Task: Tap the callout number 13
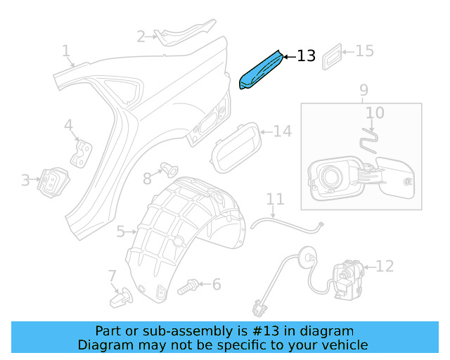(307, 56)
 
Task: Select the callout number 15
(364, 51)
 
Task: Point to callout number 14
(281, 131)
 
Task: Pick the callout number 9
(364, 90)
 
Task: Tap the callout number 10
(375, 112)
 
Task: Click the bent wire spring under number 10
(369, 136)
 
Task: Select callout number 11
(274, 200)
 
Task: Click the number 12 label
(385, 266)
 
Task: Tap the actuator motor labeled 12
(347, 277)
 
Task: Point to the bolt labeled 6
(187, 286)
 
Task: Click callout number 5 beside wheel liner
(121, 231)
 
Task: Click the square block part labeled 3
(51, 182)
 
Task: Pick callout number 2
(141, 37)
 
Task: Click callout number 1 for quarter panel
(66, 51)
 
